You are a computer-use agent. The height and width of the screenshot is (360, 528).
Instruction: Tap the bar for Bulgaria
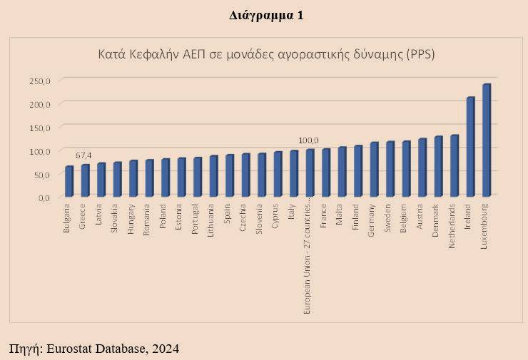[x=69, y=182]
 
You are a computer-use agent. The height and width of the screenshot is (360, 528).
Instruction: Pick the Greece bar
[x=85, y=181]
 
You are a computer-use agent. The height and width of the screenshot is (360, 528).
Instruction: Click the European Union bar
[x=310, y=173]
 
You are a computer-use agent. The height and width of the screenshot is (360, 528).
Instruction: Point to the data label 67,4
[x=84, y=155]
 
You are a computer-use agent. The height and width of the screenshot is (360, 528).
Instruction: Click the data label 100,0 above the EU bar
[x=308, y=140]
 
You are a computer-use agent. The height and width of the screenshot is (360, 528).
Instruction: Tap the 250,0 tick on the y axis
[x=40, y=81]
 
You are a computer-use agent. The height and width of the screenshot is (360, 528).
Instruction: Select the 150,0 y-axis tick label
[x=40, y=128]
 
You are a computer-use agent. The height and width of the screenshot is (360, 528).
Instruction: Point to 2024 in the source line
[x=164, y=349]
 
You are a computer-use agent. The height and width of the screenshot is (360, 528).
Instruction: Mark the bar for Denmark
[x=438, y=166]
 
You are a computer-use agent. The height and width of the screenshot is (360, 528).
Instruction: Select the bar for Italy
[x=294, y=174]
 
